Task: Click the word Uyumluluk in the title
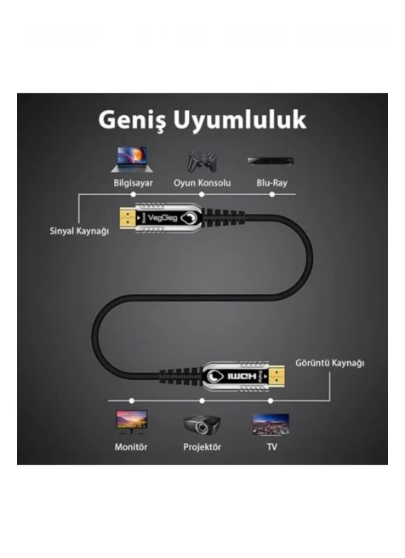pyautogui.click(x=240, y=119)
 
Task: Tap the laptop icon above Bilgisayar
pyautogui.click(x=132, y=159)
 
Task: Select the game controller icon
pyautogui.click(x=202, y=162)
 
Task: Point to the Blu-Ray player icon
pyautogui.click(x=271, y=161)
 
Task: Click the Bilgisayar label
pyautogui.click(x=133, y=183)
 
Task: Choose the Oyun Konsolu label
pyautogui.click(x=202, y=183)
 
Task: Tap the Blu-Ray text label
pyautogui.click(x=272, y=183)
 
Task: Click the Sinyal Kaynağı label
pyautogui.click(x=79, y=231)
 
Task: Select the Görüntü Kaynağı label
pyautogui.click(x=329, y=363)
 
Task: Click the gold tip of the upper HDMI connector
pyautogui.click(x=128, y=218)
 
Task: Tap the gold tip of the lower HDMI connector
pyautogui.click(x=277, y=377)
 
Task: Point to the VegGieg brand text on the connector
pyautogui.click(x=162, y=218)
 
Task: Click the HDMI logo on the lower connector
pyautogui.click(x=242, y=377)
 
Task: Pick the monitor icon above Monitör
pyautogui.click(x=132, y=423)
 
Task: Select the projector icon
pyautogui.click(x=202, y=424)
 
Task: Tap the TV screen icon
pyautogui.click(x=271, y=425)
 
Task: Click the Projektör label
pyautogui.click(x=202, y=447)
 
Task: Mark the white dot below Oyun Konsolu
pyautogui.click(x=202, y=194)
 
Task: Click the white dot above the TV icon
pyautogui.click(x=271, y=400)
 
